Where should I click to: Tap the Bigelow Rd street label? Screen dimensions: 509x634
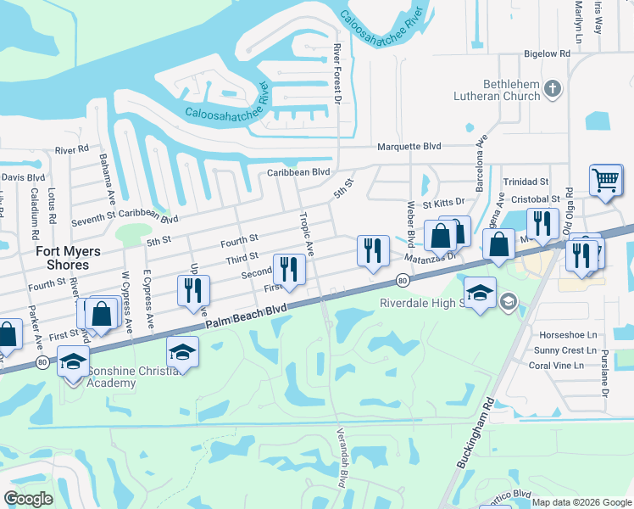pos(547,53)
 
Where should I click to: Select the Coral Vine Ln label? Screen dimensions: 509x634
pos(557,366)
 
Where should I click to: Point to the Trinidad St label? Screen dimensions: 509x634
pos(526,182)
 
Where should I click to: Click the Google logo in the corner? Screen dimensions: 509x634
pos(27,499)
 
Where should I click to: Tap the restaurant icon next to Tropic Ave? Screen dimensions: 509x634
pos(289,270)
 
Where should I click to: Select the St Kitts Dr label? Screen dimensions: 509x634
pos(444,203)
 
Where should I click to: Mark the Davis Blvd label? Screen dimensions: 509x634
pos(23,177)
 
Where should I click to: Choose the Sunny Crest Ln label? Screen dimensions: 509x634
pos(558,350)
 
